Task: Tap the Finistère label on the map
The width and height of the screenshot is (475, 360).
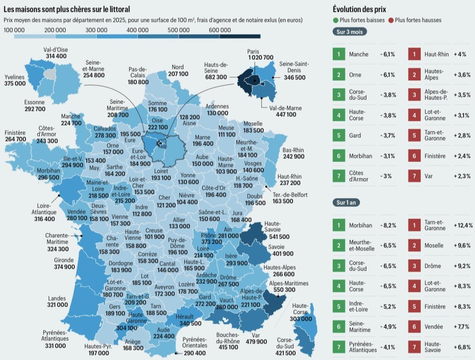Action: click(x=15, y=133)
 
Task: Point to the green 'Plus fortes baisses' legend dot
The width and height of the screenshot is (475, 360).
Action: click(x=335, y=21)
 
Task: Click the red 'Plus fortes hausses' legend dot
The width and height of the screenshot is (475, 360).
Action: click(x=391, y=21)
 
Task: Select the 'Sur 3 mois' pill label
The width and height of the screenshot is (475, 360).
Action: click(x=349, y=32)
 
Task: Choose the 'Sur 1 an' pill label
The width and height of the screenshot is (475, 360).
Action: click(x=346, y=202)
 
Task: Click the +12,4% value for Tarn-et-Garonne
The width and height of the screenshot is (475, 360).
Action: click(x=463, y=225)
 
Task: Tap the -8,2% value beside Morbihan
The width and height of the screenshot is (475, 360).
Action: click(x=388, y=225)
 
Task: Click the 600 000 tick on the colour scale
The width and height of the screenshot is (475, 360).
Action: click(x=219, y=30)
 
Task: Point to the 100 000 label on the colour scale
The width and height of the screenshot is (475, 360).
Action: click(x=15, y=30)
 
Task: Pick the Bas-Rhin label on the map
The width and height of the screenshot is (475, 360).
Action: click(x=293, y=150)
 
